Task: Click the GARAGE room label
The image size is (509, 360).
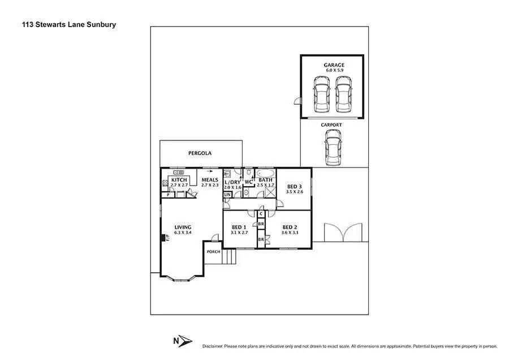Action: [x=334, y=65]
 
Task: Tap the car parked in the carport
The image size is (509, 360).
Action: [x=333, y=146]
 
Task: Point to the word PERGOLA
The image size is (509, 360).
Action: [x=200, y=153]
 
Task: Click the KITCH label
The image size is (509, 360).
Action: [x=179, y=180]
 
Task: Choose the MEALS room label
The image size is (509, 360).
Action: [x=210, y=180]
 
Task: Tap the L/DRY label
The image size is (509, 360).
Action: [x=232, y=182]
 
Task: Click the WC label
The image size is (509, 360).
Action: [x=248, y=182]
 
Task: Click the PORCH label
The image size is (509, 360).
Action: [x=213, y=252]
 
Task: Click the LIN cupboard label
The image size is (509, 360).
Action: [x=227, y=195]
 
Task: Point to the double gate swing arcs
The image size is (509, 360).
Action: [x=342, y=233]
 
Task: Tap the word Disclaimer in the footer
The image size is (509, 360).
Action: [x=213, y=345]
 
